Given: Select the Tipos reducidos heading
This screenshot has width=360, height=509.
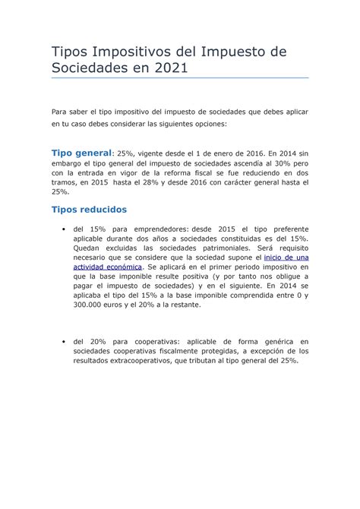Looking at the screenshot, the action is (88, 209).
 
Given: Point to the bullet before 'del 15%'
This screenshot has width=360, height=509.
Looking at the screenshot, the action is (59, 229).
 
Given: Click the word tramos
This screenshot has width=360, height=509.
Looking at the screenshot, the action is (64, 182).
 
